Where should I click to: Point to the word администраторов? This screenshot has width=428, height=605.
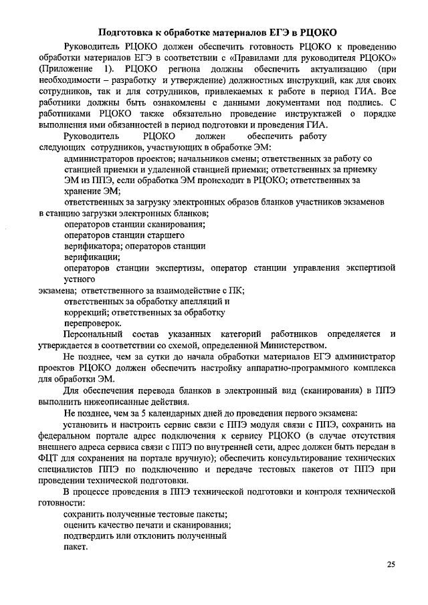coord(96,158)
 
